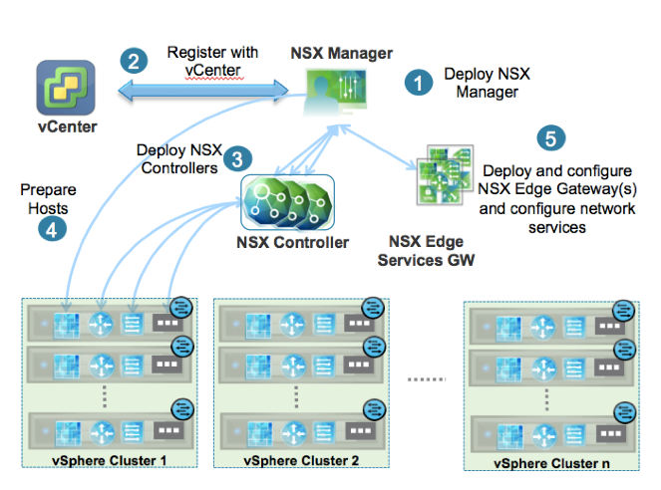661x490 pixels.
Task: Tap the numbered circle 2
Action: pos(132,60)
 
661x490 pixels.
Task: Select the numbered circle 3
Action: pos(236,159)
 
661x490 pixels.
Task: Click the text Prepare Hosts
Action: pos(48,197)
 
